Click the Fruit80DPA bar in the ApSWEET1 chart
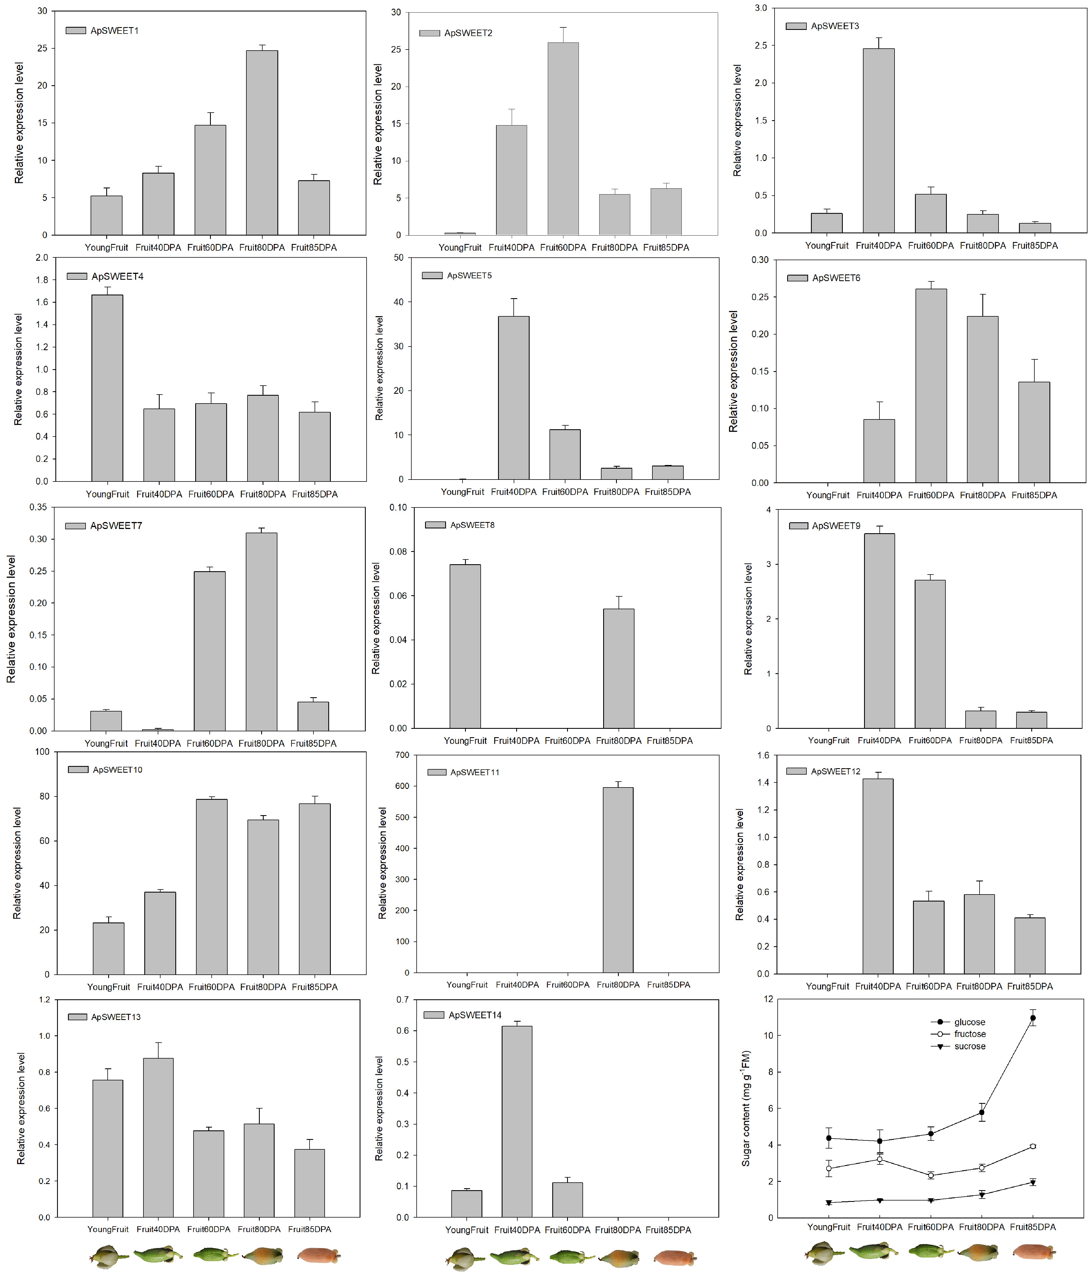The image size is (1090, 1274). point(262,143)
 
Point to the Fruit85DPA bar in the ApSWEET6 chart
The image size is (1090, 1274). point(1034,432)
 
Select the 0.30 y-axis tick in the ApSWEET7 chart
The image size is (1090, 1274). point(38,539)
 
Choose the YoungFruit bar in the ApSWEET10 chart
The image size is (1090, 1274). point(108,949)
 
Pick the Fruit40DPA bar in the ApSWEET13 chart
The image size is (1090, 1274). point(158,1138)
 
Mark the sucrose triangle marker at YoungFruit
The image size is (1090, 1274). point(829,1203)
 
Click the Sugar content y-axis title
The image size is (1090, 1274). point(746,1109)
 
